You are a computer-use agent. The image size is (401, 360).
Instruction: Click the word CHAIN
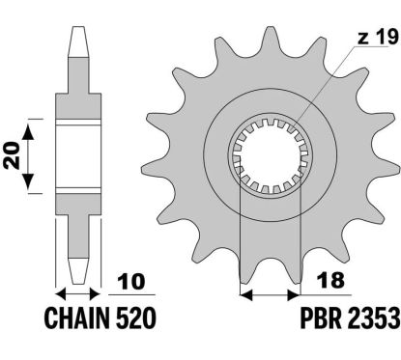pyautogui.click(x=76, y=318)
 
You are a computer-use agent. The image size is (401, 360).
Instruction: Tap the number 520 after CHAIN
pyautogui.click(x=135, y=318)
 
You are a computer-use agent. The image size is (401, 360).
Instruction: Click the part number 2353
pyautogui.click(x=373, y=318)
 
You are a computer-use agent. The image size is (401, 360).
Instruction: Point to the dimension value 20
pyautogui.click(x=12, y=155)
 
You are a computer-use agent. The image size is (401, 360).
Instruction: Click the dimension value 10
pyautogui.click(x=131, y=282)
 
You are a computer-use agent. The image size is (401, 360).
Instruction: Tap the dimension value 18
pyautogui.click(x=330, y=280)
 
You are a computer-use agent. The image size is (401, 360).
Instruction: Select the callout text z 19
pyautogui.click(x=378, y=38)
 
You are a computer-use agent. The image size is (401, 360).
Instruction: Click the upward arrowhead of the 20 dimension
pyautogui.click(x=28, y=131)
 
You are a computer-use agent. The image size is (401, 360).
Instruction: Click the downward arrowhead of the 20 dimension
pyautogui.click(x=28, y=181)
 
